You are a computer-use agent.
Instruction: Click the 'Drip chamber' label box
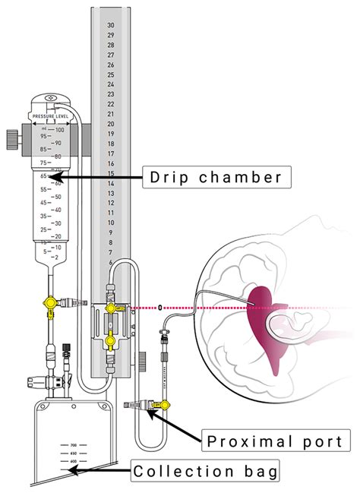click(214, 178)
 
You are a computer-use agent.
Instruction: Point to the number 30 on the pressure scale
click(111, 25)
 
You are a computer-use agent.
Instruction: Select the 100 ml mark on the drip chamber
click(59, 130)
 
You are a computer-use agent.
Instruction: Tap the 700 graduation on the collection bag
click(74, 445)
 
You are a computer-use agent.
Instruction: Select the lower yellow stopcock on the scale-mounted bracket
click(112, 342)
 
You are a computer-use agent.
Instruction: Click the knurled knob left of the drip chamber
click(11, 140)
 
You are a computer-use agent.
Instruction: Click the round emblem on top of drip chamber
click(50, 99)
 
